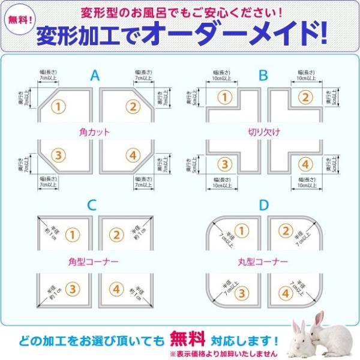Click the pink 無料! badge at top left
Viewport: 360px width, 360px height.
pos(20,19)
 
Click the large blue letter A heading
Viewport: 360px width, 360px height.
pos(95,76)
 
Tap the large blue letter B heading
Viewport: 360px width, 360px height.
pos(263,76)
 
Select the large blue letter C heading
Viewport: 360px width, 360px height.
pos(91,205)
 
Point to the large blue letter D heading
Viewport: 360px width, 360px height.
pos(263,205)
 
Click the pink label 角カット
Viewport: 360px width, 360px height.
pos(94,130)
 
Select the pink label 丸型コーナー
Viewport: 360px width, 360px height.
pos(262,262)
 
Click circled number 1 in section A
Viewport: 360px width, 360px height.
pos(58,107)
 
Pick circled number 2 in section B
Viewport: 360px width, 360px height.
pos(305,97)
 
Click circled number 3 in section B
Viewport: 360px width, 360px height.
pos(224,163)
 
